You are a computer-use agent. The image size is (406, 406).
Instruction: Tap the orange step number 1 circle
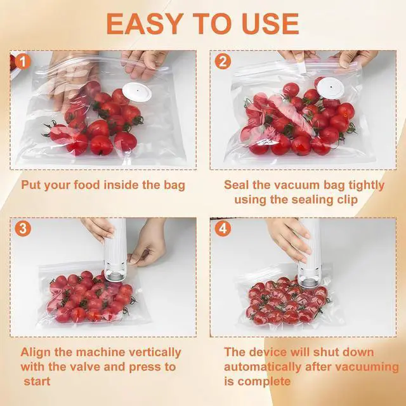point(23,62)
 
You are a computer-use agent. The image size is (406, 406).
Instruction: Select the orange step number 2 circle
point(223,62)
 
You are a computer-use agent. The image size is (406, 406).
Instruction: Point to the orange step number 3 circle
point(23,228)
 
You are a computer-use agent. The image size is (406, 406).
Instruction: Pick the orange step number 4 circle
point(223,228)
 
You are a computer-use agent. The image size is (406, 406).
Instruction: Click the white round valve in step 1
point(137,92)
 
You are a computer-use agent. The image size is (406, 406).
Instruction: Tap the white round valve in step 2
point(331,88)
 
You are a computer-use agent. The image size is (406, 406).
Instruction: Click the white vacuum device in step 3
point(115,250)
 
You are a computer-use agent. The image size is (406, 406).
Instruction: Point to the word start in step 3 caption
point(37,382)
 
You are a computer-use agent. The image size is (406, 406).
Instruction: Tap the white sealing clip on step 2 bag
point(302,67)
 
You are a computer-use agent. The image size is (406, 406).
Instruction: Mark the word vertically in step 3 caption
point(155,353)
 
